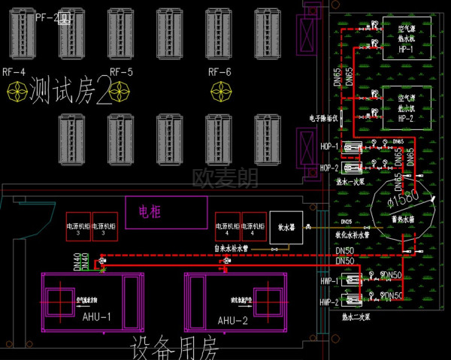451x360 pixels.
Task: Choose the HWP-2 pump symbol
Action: pos(353,301)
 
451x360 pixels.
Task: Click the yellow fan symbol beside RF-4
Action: pos(17,92)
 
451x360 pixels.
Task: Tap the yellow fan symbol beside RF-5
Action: pos(119,92)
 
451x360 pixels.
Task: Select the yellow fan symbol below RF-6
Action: pos(220,92)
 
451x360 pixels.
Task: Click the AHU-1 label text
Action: pos(95,317)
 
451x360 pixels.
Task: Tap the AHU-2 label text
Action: pos(233,320)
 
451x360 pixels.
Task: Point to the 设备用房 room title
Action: pos(174,348)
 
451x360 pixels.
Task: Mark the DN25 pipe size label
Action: pos(346,222)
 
